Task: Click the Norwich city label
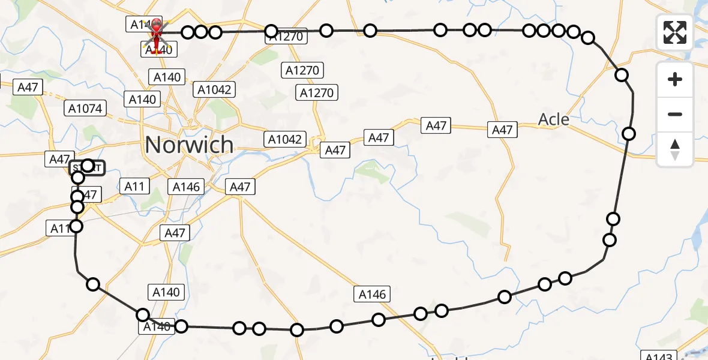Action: (x=189, y=145)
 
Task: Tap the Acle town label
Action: (x=553, y=119)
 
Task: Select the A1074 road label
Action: (x=86, y=109)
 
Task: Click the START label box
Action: (x=87, y=169)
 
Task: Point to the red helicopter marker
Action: (x=156, y=35)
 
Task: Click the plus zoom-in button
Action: (x=675, y=79)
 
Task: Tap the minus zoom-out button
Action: (x=675, y=114)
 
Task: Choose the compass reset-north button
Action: (x=675, y=149)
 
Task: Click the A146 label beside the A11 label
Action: (x=186, y=187)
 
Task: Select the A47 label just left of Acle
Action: (x=502, y=130)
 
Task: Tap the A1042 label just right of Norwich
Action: (x=285, y=139)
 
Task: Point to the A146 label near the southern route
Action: (x=373, y=294)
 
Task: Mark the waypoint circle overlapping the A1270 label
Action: (x=271, y=31)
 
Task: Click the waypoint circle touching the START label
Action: (x=88, y=165)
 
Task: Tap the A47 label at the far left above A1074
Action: (x=28, y=87)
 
